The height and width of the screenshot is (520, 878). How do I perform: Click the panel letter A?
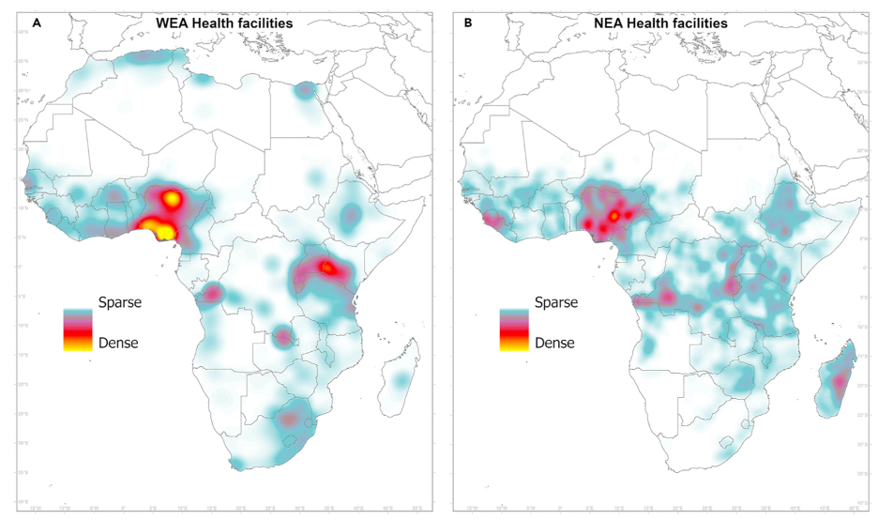tap(36, 22)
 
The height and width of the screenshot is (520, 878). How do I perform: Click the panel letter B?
tap(468, 22)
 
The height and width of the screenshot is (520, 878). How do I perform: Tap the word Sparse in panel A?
tap(119, 303)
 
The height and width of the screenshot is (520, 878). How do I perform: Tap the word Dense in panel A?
tap(118, 344)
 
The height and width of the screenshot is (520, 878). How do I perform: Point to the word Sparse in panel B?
tap(556, 303)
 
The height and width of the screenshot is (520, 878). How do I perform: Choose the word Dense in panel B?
tap(555, 344)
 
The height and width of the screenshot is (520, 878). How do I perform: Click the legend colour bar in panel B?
tap(514, 329)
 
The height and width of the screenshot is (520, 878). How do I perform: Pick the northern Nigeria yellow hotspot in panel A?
tap(172, 198)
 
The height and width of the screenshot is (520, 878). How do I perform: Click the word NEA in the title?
tap(609, 22)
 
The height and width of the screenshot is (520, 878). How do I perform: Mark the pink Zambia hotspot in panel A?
tap(282, 336)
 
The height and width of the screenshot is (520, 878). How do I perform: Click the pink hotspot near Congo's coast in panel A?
tap(211, 294)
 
